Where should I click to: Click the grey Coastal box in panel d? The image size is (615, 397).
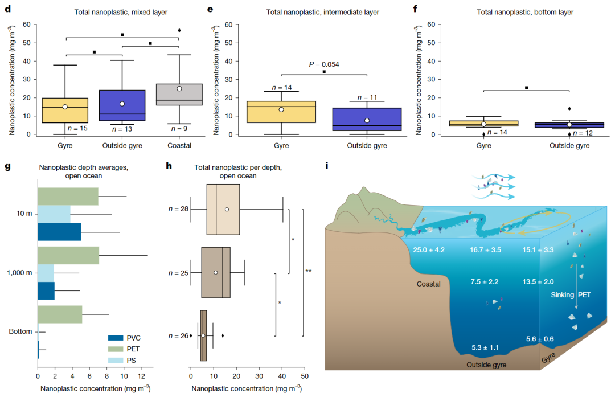[x=179, y=95]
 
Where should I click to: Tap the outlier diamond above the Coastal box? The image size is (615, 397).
[x=179, y=30]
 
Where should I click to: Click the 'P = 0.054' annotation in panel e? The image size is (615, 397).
[x=323, y=64]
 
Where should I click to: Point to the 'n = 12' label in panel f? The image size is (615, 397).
[x=584, y=133]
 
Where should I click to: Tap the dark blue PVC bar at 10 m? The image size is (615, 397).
[x=59, y=232]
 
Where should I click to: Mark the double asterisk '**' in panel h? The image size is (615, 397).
[x=308, y=271]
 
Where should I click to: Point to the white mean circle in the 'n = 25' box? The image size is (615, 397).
[x=216, y=272]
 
